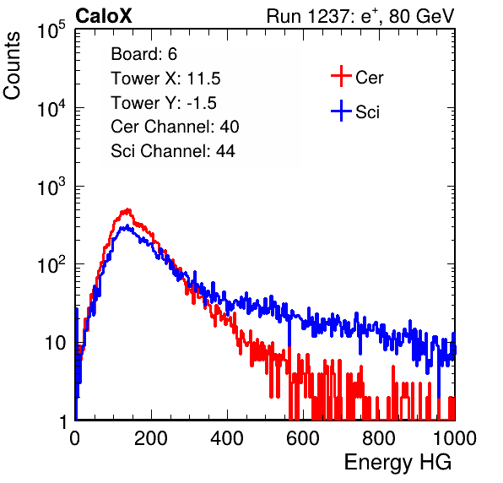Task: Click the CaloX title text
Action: click(103, 16)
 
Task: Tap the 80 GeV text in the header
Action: click(421, 16)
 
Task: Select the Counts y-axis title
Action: click(12, 66)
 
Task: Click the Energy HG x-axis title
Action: click(398, 463)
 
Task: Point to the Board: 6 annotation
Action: click(143, 54)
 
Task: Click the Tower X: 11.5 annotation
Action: click(165, 79)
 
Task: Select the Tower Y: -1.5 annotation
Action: click(164, 103)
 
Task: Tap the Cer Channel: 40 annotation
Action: click(175, 127)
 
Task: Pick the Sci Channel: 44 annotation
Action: click(173, 151)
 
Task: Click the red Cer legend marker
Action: click(341, 76)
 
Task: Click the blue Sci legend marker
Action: click(341, 111)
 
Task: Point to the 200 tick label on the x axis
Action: click(151, 438)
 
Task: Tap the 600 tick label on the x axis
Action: click(303, 438)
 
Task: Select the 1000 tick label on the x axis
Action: click(455, 438)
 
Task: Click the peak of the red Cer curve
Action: click(128, 209)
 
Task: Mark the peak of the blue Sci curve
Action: click(127, 226)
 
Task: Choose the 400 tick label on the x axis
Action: click(227, 438)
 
